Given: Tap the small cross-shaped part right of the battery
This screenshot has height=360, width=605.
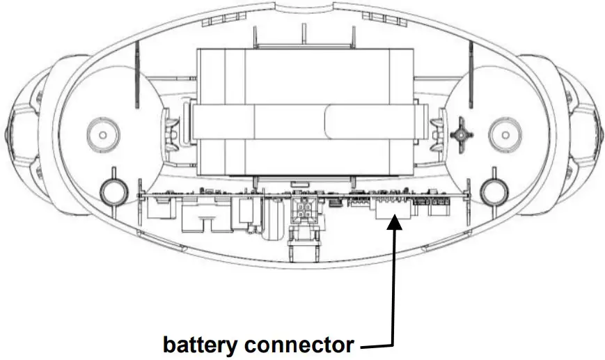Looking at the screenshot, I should (x=460, y=131).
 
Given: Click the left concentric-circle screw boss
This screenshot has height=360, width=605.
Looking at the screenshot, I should (x=102, y=132).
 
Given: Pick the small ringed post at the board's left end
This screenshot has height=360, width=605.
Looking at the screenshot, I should (x=111, y=190).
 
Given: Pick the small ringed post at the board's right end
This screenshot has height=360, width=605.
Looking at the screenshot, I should (x=492, y=190).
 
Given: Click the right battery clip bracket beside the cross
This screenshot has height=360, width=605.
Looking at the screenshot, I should (x=437, y=131).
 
